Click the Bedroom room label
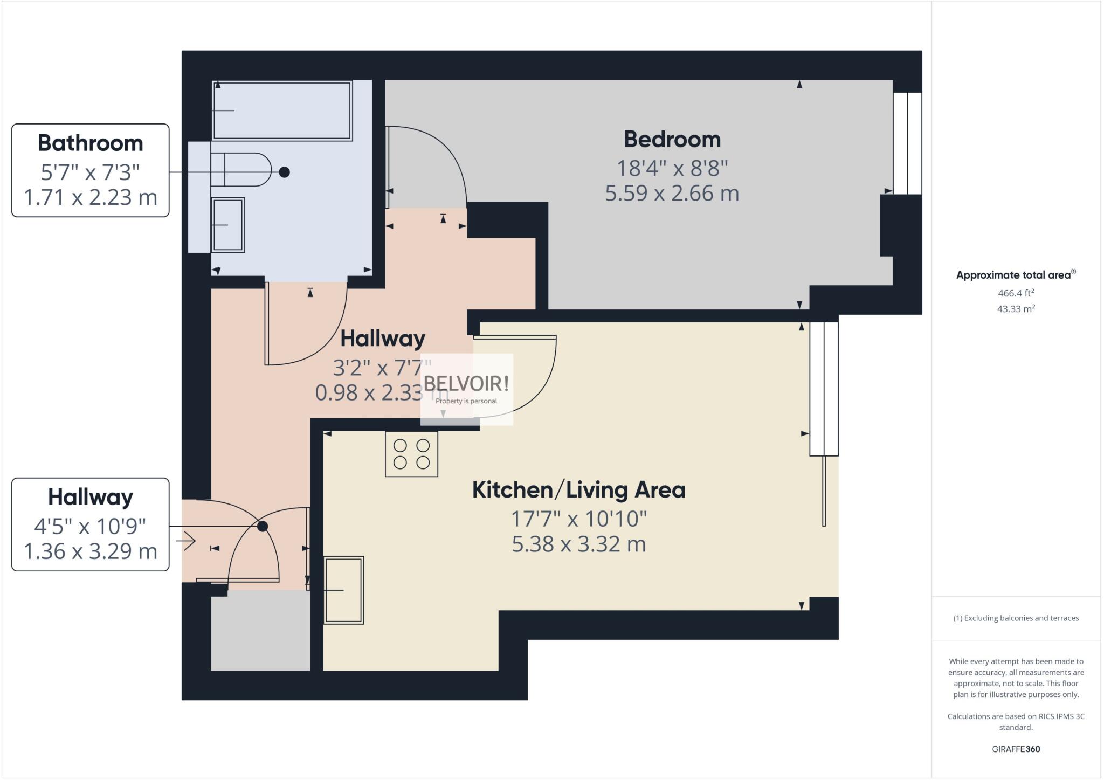click(672, 140)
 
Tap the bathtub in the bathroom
click(282, 111)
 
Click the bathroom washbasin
click(227, 225)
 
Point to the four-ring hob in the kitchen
click(411, 454)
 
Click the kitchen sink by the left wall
click(343, 590)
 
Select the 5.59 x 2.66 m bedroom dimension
click(672, 193)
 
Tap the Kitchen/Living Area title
click(578, 490)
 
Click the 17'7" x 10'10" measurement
click(578, 519)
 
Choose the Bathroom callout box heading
click(90, 143)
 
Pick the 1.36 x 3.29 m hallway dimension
click(90, 551)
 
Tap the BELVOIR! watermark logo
click(466, 384)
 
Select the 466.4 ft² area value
click(1016, 293)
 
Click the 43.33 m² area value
click(1016, 309)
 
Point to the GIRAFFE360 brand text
click(1016, 749)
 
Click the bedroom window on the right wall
click(907, 143)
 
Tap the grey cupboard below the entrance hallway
click(260, 631)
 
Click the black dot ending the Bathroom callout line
click(284, 172)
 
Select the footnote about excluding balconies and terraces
click(1016, 618)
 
